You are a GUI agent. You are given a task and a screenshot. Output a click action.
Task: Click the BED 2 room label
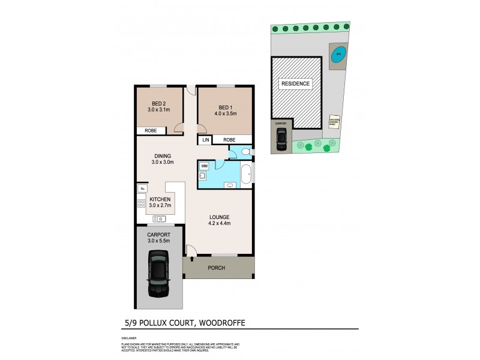point(159,103)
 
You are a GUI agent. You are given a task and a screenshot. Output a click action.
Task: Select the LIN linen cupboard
point(205,140)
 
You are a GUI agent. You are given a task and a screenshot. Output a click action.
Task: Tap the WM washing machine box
point(204,165)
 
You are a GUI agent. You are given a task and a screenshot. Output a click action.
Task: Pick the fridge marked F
point(142,188)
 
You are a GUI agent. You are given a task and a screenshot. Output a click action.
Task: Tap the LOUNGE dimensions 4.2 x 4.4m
point(220,224)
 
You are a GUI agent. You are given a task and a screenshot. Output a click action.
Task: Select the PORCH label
point(217,268)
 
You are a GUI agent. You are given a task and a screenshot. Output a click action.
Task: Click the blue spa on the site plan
point(338,53)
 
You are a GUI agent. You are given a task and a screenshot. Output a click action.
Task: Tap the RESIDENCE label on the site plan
point(296,84)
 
